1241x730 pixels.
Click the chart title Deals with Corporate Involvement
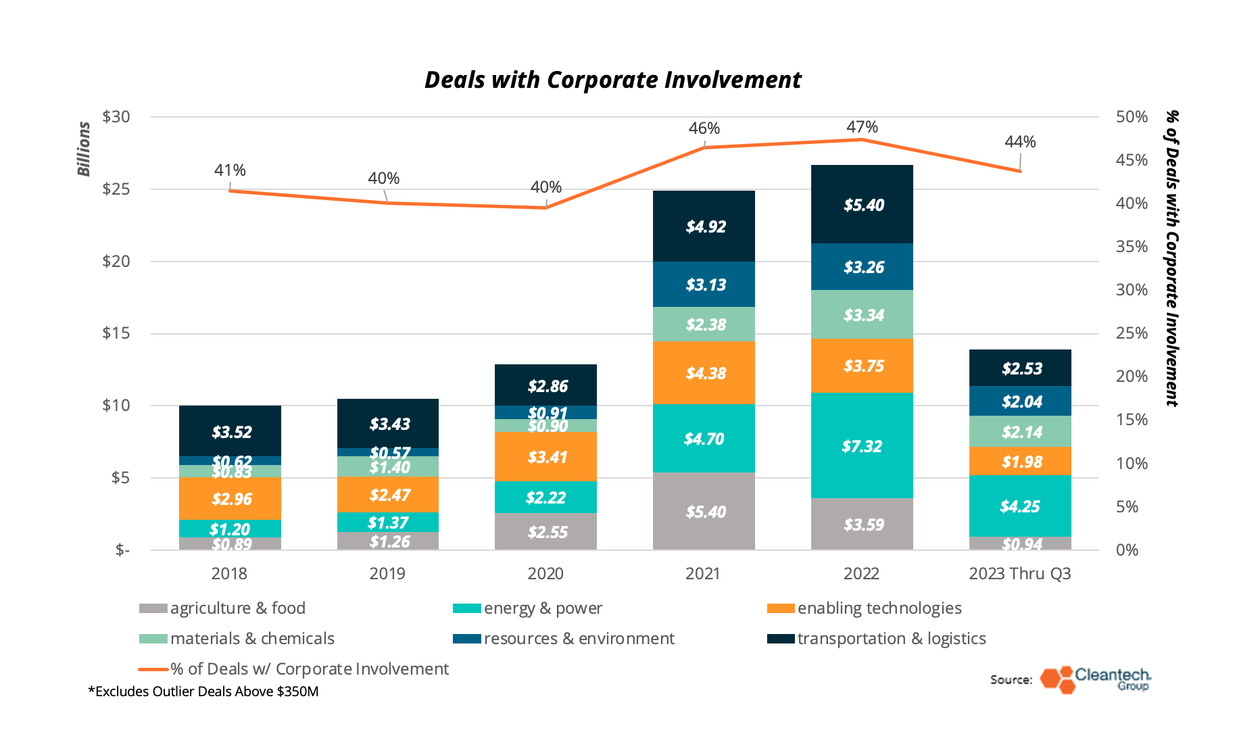(612, 80)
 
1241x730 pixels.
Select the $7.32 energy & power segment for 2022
(862, 446)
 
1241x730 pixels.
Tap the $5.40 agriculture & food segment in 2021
(704, 512)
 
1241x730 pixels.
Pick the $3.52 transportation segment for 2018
(230, 432)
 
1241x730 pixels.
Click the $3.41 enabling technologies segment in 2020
(546, 457)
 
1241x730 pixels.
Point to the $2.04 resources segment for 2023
(1021, 401)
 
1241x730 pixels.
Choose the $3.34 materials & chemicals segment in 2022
(862, 315)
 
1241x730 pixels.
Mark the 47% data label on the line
(862, 127)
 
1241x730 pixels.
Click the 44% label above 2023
(1019, 142)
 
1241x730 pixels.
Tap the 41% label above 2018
(230, 170)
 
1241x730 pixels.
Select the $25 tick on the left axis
(116, 189)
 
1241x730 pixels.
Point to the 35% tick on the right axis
(1131, 247)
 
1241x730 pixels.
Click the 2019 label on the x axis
(387, 574)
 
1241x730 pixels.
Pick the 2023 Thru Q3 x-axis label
(1019, 574)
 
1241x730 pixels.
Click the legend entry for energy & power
(528, 608)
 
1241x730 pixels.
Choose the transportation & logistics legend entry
(877, 639)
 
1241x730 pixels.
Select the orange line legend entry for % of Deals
(294, 669)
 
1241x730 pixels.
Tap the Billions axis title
(84, 149)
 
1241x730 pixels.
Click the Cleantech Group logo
(1095, 679)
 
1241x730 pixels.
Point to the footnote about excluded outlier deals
(203, 691)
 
